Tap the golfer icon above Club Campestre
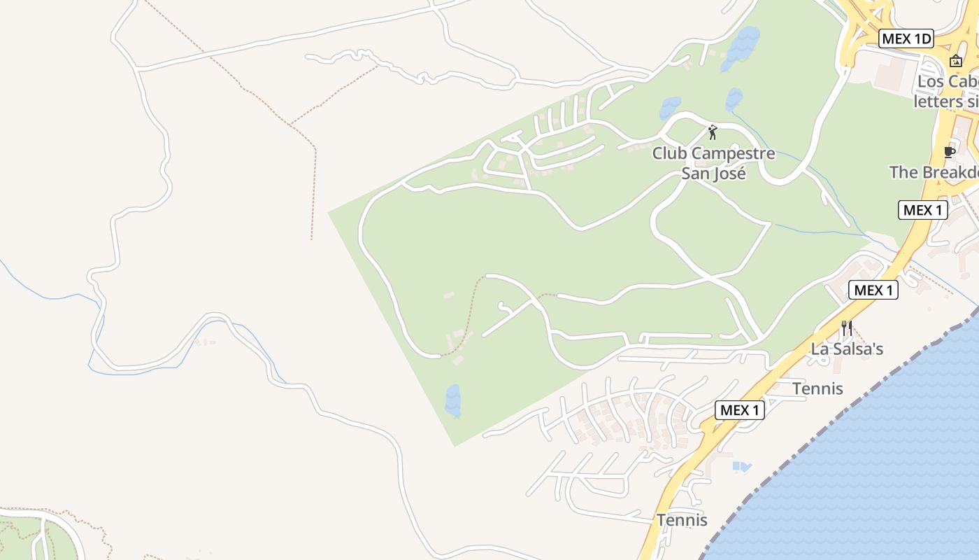713,132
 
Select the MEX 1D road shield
907,39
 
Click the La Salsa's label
847,349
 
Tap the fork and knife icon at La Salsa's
847,328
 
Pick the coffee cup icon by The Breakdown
949,152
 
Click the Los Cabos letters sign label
948,92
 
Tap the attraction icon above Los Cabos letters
956,61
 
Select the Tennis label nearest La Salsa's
817,388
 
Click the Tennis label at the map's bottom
682,520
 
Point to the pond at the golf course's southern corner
453,400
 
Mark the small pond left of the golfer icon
669,108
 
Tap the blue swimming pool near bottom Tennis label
741,465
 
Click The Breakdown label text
934,172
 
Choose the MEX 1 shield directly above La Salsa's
873,290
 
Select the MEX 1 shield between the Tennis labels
739,410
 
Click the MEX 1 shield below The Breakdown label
922,210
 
